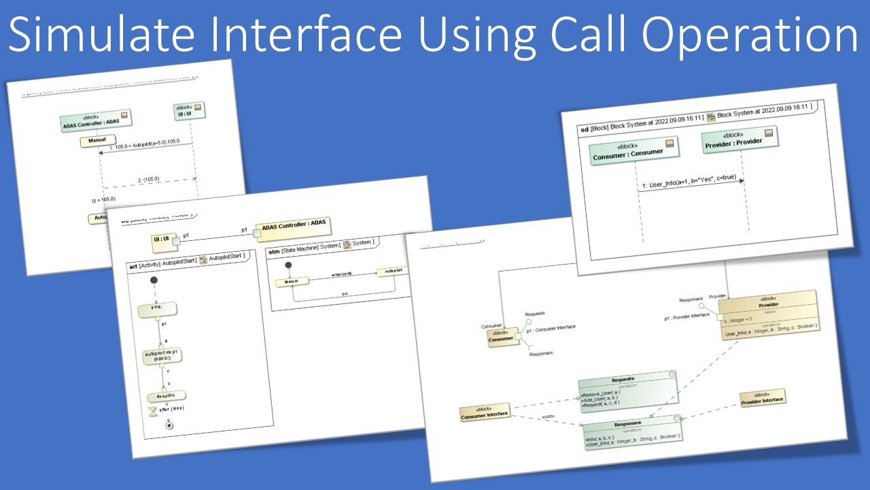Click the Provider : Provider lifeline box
[x=739, y=138]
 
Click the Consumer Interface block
[x=485, y=411]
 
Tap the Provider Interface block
[x=762, y=399]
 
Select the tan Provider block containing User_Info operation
[x=769, y=316]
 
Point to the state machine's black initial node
[x=288, y=265]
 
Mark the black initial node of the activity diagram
[x=154, y=280]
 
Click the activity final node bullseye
[x=169, y=425]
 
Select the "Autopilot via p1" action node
[x=161, y=357]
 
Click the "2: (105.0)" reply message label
[x=148, y=179]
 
